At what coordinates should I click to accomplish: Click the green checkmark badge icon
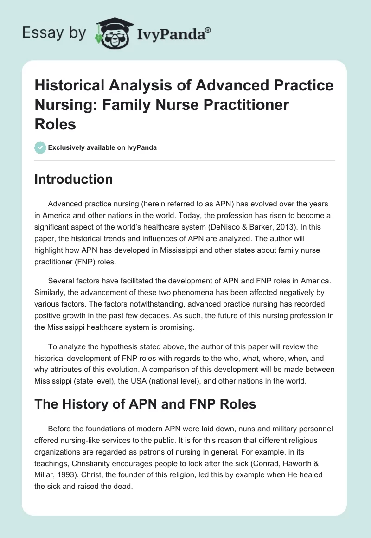click(x=40, y=147)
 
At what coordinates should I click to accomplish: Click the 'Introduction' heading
click(x=73, y=179)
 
